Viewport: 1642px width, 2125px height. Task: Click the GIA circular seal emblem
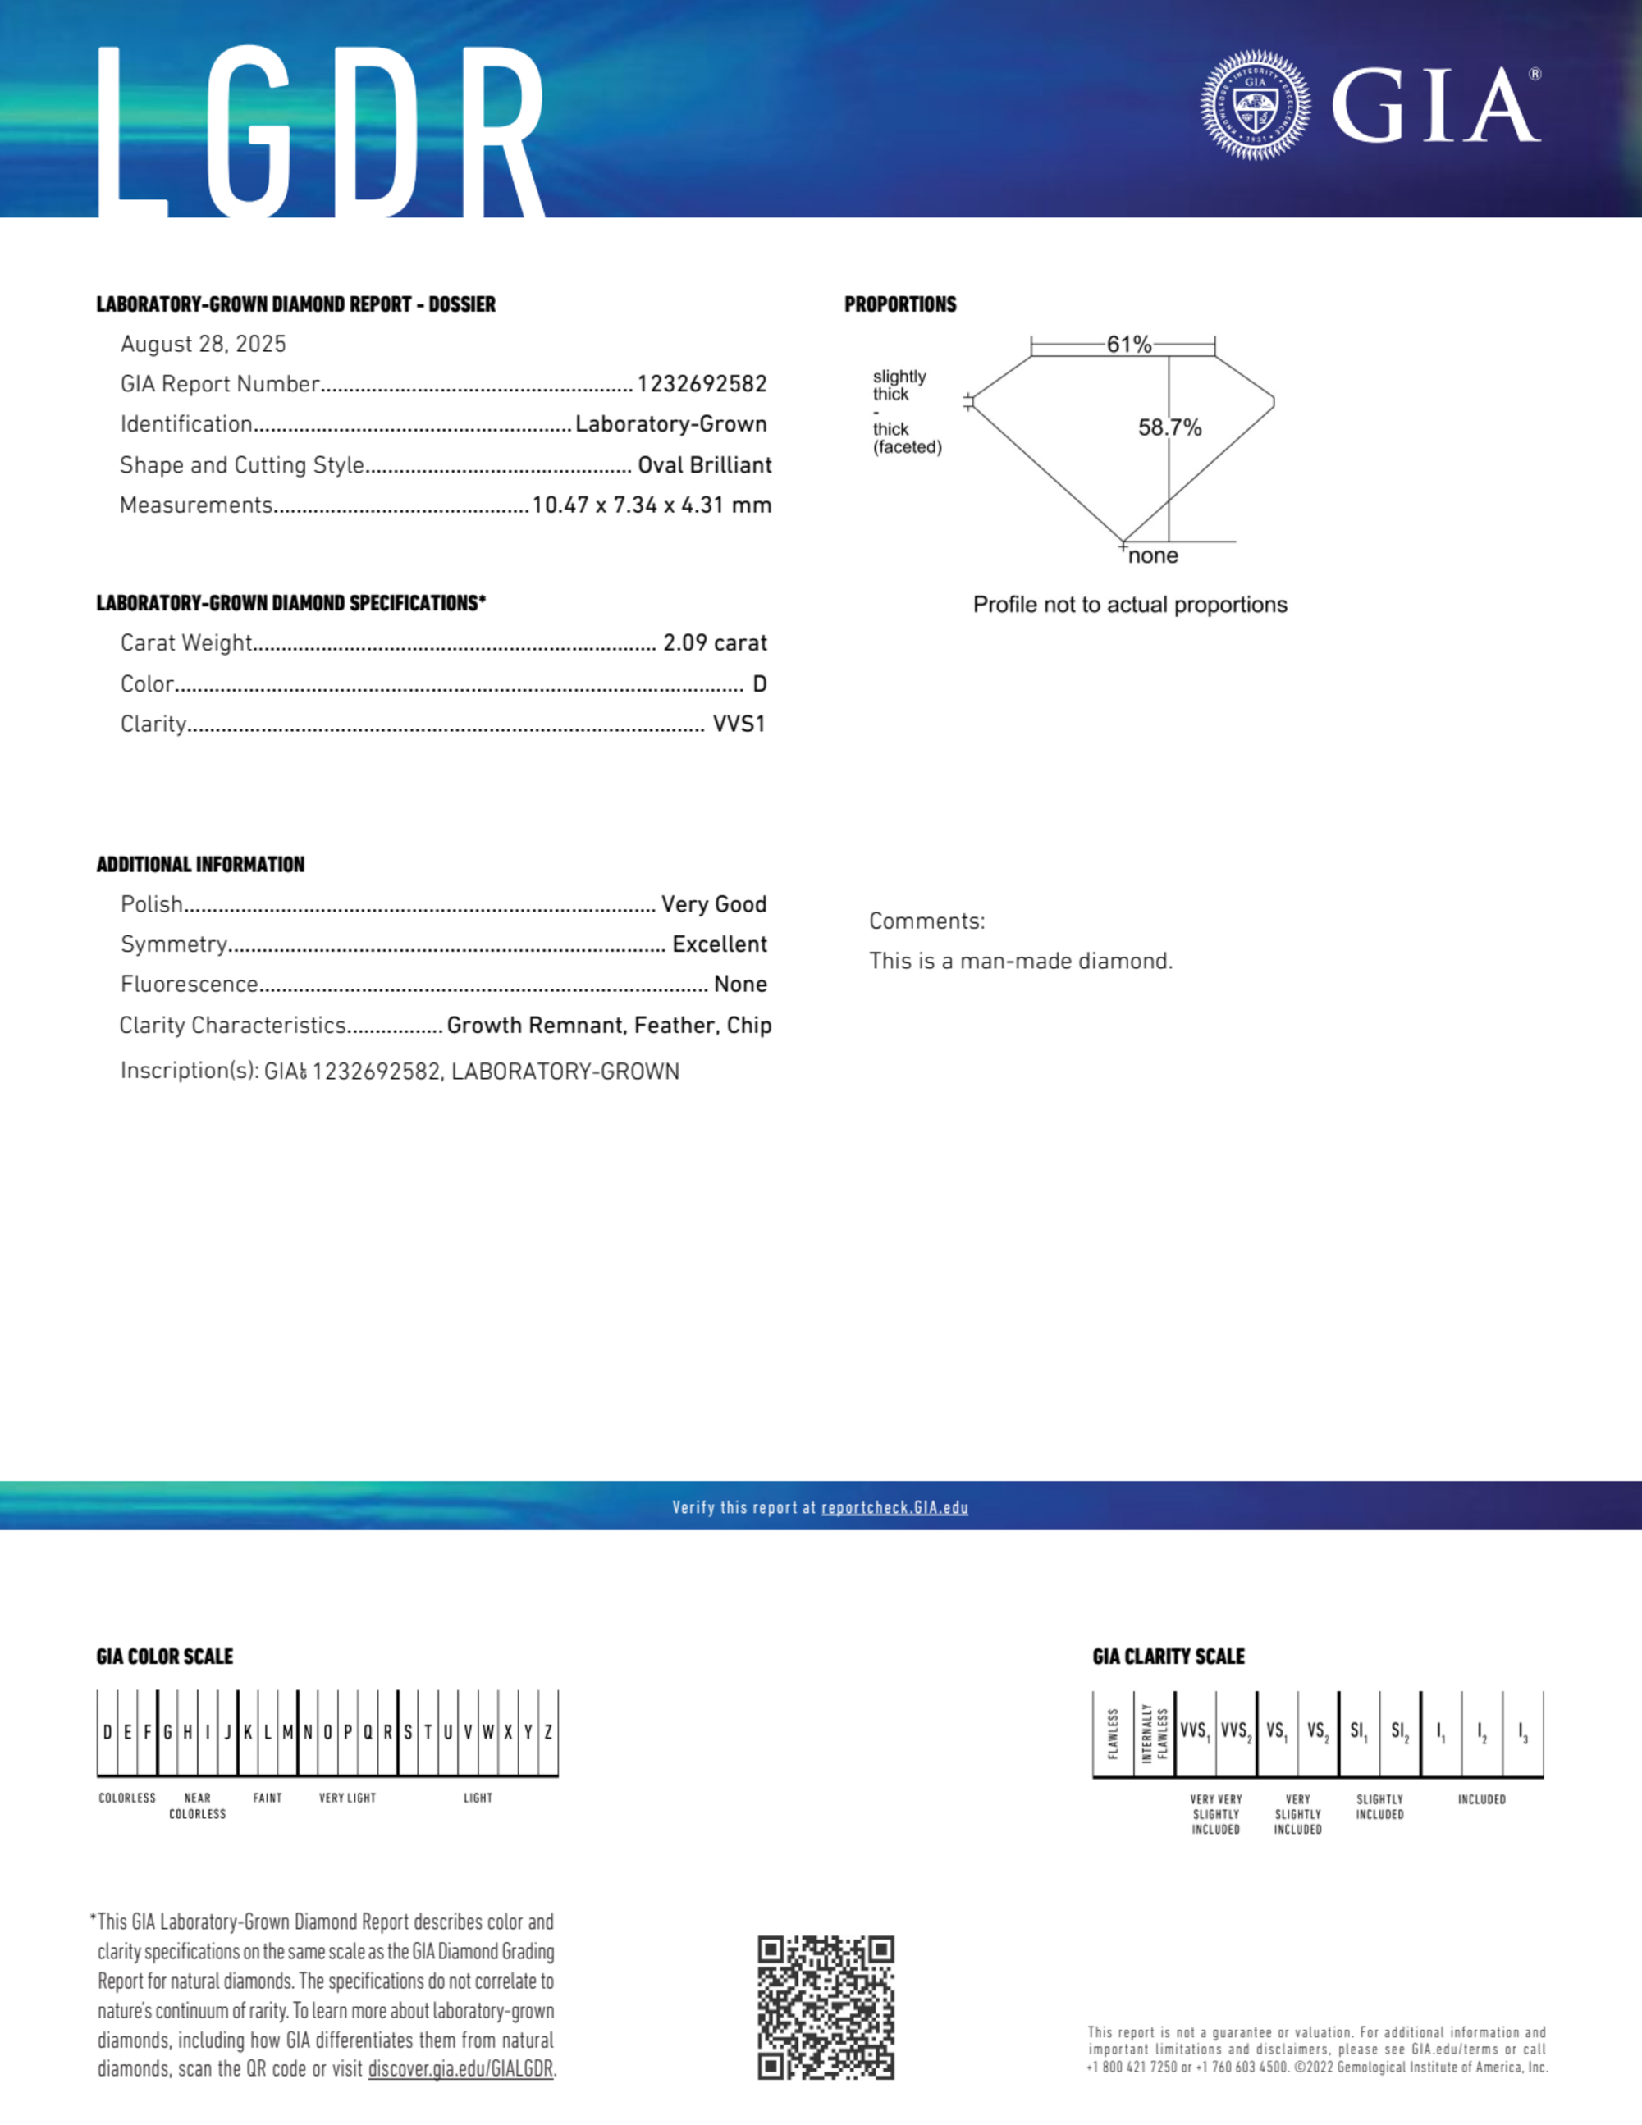(x=1255, y=105)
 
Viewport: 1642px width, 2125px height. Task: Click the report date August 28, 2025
(x=204, y=344)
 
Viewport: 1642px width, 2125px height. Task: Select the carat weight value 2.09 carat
(x=715, y=643)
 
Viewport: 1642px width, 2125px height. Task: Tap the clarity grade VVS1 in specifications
(x=739, y=724)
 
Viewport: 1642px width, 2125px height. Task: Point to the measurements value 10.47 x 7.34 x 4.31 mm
(x=652, y=505)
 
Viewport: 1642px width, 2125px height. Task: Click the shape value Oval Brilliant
(x=704, y=465)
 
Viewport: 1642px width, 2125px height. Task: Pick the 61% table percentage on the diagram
(x=1128, y=345)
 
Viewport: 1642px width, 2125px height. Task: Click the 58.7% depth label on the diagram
(x=1170, y=427)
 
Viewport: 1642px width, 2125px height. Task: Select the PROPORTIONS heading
(x=900, y=304)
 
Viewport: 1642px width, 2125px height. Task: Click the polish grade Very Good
(x=713, y=904)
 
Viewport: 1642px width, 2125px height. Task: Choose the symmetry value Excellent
(x=720, y=944)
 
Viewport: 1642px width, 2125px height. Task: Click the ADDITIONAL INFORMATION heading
(x=200, y=864)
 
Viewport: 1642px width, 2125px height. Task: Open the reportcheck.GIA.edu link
(x=894, y=1507)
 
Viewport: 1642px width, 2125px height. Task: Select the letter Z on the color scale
(x=548, y=1732)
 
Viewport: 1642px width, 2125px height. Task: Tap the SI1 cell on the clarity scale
(x=1358, y=1732)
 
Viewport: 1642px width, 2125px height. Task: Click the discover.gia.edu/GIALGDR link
(x=460, y=2069)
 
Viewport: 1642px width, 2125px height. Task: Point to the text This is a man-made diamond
(x=1021, y=962)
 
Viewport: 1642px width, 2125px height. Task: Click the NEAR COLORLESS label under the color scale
(x=198, y=1806)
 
